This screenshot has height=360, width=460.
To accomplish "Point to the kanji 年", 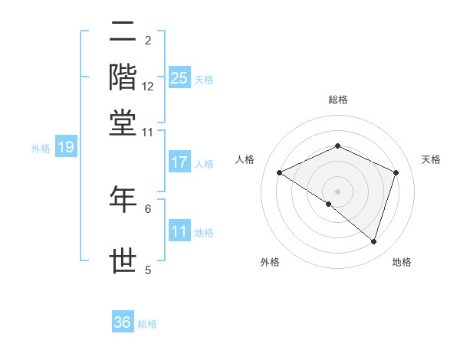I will pyautogui.click(x=123, y=198).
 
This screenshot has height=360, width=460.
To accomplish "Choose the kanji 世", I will pyautogui.click(x=123, y=260).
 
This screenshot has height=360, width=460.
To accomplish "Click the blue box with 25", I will pyautogui.click(x=179, y=77).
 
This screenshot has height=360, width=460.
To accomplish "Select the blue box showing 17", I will pyautogui.click(x=179, y=162).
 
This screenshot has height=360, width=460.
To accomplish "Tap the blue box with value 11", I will pyautogui.click(x=179, y=231).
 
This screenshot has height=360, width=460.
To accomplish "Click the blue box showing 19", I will pyautogui.click(x=66, y=147).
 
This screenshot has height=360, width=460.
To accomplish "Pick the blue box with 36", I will pyautogui.click(x=123, y=322).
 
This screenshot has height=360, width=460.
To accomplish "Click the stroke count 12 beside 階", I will pyautogui.click(x=148, y=87).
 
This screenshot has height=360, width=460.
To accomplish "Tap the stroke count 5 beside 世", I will pyautogui.click(x=148, y=270).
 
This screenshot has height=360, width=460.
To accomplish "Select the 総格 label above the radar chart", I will pyautogui.click(x=337, y=100).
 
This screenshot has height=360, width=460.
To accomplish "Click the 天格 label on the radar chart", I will pyautogui.click(x=431, y=159).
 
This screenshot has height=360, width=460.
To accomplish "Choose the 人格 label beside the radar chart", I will pyautogui.click(x=245, y=159).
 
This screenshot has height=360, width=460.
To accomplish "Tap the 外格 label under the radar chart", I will pyautogui.click(x=270, y=262).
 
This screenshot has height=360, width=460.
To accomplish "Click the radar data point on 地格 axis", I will pyautogui.click(x=373, y=242).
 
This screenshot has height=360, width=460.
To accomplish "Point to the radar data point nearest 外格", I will pyautogui.click(x=328, y=204).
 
